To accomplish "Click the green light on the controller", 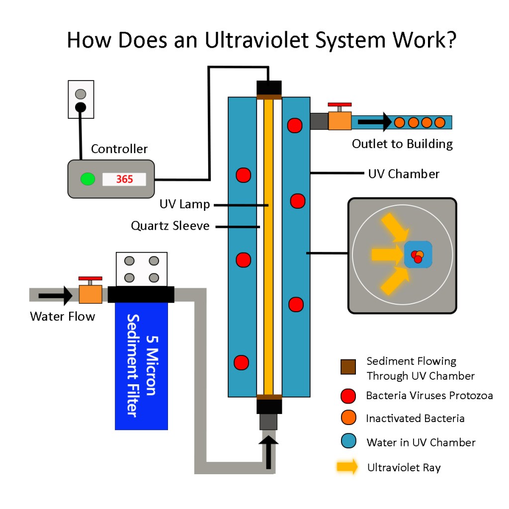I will (x=87, y=179).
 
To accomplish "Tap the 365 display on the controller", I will (x=124, y=179).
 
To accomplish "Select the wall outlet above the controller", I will (x=81, y=99).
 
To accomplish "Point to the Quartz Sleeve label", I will (x=170, y=226).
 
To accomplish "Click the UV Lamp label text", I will (x=184, y=204).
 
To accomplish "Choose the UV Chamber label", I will (x=404, y=174).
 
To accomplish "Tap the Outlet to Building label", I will (x=402, y=144).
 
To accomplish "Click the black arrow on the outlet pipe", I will (x=374, y=121).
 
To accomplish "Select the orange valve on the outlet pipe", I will (x=339, y=121).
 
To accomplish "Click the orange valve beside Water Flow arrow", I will (x=90, y=294).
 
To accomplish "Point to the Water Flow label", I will (x=62, y=317).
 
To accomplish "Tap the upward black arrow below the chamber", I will (x=269, y=452).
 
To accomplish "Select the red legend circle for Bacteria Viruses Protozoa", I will (x=348, y=396).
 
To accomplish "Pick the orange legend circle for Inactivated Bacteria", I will (x=348, y=419).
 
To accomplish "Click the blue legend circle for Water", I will (x=348, y=442).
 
